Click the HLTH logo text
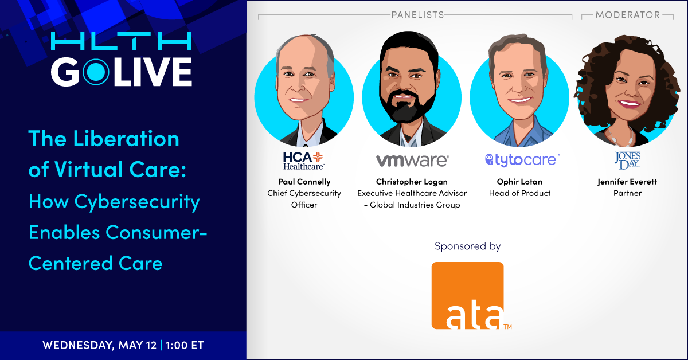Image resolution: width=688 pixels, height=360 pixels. pos(122,41)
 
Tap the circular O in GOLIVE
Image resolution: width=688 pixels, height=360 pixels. pos(96,72)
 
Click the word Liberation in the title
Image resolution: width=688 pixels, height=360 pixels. pos(126,139)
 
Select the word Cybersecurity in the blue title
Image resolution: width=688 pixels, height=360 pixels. pos(137,202)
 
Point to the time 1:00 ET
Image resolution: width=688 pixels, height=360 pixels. pos(185,345)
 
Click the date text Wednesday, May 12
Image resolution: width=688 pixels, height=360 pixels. pos(100,346)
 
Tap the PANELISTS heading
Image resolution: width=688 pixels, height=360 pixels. pos(418,15)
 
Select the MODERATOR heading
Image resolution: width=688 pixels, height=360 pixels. pos(627,15)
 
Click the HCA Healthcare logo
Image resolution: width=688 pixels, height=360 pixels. pos(303,161)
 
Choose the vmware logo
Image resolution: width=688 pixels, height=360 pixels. pos(412,161)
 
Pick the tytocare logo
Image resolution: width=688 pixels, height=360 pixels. pos(522,160)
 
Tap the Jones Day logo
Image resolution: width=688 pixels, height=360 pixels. pos(627,161)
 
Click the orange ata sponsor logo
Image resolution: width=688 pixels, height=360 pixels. pos(467,295)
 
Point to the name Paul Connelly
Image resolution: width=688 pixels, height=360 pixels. pos(304,182)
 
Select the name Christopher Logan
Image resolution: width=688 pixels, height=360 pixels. pos(412,182)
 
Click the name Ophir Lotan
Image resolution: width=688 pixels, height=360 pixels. pos(519,182)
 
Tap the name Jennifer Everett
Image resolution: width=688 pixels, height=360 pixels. pos(627,182)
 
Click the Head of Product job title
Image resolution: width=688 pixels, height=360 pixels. pos(519,193)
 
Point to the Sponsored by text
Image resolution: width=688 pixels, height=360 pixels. pos(467,246)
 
